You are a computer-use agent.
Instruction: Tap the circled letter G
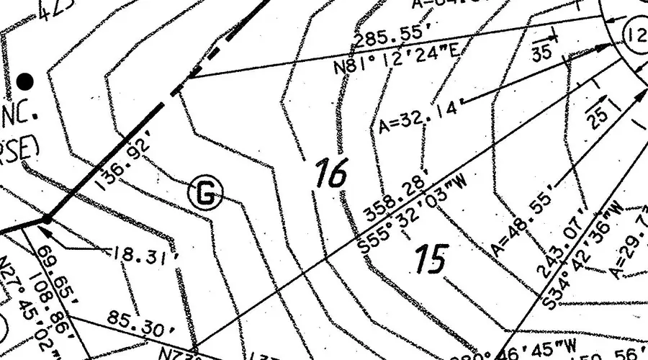(x=206, y=192)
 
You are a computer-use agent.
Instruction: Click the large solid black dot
(x=26, y=80)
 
